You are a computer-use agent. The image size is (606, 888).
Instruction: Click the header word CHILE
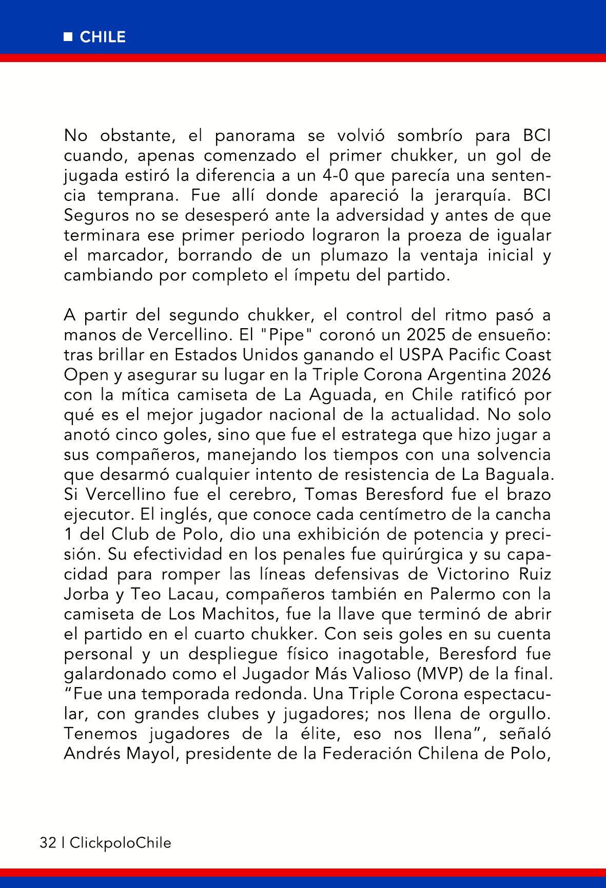(103, 37)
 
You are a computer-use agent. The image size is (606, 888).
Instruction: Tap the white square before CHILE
(68, 37)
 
